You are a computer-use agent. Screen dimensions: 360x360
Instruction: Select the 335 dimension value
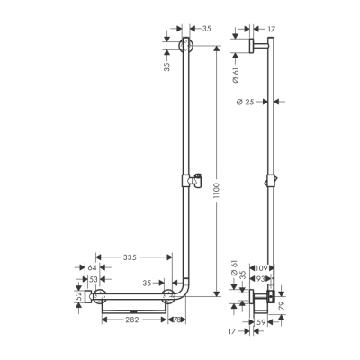130,258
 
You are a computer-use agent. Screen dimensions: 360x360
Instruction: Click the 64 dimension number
93,268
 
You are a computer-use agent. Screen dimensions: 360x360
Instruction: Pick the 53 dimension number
93,280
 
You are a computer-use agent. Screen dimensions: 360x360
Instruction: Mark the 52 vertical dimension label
79,294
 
